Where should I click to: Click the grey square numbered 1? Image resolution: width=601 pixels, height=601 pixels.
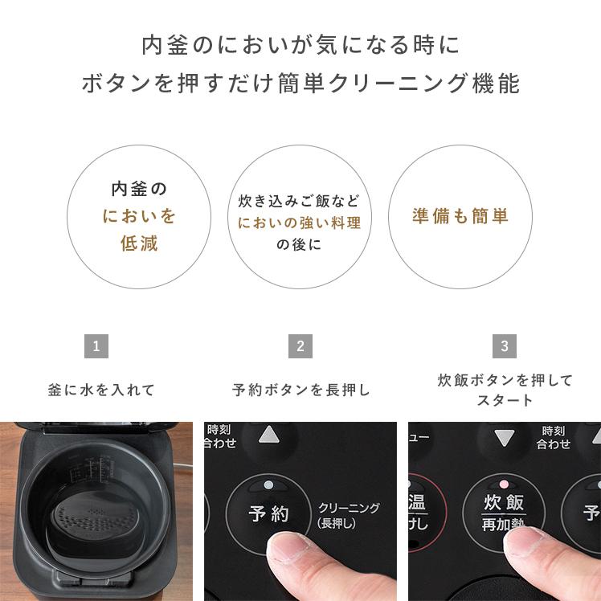[x=96, y=346]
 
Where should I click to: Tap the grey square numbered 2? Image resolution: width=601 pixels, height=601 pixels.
[x=300, y=346]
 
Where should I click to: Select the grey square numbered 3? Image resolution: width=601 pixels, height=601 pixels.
[x=504, y=346]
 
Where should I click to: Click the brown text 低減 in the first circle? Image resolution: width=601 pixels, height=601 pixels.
[x=139, y=243]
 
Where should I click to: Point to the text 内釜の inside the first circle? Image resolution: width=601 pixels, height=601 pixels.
[x=139, y=190]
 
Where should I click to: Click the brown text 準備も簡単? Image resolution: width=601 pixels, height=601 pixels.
[x=460, y=217]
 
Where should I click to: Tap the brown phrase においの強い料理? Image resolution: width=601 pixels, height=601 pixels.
[x=300, y=223]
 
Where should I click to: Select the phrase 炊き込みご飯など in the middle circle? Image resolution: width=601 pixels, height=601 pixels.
[x=300, y=201]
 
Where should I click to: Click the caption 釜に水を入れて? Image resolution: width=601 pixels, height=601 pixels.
[x=101, y=390]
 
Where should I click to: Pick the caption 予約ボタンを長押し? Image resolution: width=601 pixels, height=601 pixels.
[x=301, y=390]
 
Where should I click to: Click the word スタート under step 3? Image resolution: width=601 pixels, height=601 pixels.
[x=505, y=400]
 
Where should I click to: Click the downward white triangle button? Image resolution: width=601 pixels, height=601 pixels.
[x=504, y=438]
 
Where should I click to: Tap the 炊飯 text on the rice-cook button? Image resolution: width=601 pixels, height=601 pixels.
[x=504, y=504]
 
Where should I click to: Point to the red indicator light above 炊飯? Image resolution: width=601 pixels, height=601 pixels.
[x=504, y=485]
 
